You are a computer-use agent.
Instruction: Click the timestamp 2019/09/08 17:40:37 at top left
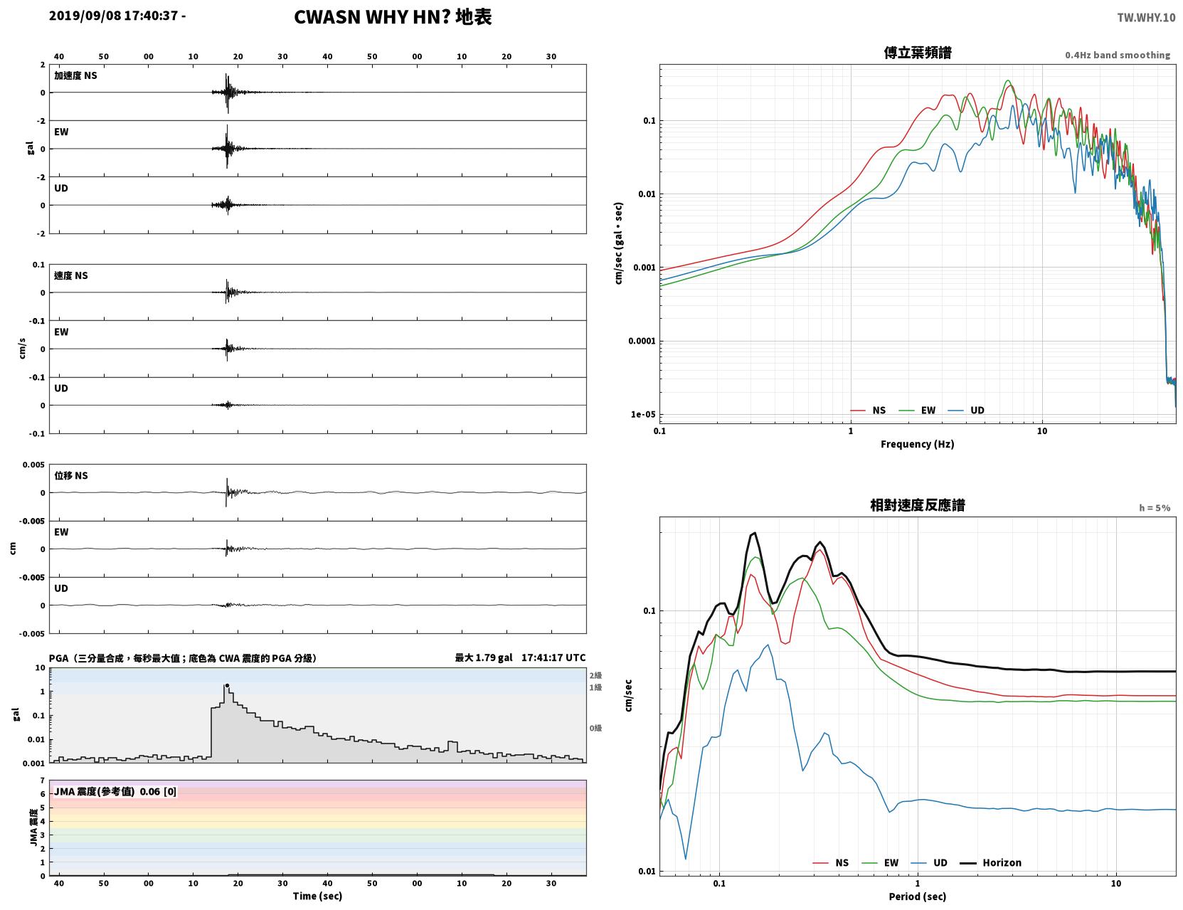pyautogui.click(x=113, y=16)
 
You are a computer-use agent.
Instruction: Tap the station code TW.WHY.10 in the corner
pyautogui.click(x=1146, y=17)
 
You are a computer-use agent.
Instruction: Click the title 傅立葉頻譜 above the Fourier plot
pyautogui.click(x=918, y=53)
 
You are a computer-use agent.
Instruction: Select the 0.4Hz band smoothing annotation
pyautogui.click(x=1117, y=55)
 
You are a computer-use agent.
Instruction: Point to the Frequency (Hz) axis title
pyautogui.click(x=918, y=444)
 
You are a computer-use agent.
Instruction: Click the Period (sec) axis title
pyautogui.click(x=918, y=896)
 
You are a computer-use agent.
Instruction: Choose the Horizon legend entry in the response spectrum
pyautogui.click(x=990, y=862)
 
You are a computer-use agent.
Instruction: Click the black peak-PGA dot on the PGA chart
pyautogui.click(x=227, y=685)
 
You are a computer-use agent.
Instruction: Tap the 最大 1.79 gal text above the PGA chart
pyautogui.click(x=484, y=657)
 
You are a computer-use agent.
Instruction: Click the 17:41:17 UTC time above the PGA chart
pyautogui.click(x=553, y=657)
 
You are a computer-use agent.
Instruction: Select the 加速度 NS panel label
pyautogui.click(x=75, y=75)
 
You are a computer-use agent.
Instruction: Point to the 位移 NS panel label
pyautogui.click(x=70, y=476)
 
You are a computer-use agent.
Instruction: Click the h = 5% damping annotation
pyautogui.click(x=1154, y=508)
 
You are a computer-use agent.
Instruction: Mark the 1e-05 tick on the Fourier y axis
pyautogui.click(x=643, y=415)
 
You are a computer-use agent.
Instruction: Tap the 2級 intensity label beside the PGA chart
pyautogui.click(x=595, y=675)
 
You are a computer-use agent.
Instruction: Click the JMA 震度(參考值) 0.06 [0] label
pyautogui.click(x=115, y=791)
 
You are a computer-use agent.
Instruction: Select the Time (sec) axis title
pyautogui.click(x=317, y=896)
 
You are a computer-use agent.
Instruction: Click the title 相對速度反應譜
pyautogui.click(x=918, y=505)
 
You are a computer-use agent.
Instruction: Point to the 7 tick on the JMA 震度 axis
pyautogui.click(x=43, y=781)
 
